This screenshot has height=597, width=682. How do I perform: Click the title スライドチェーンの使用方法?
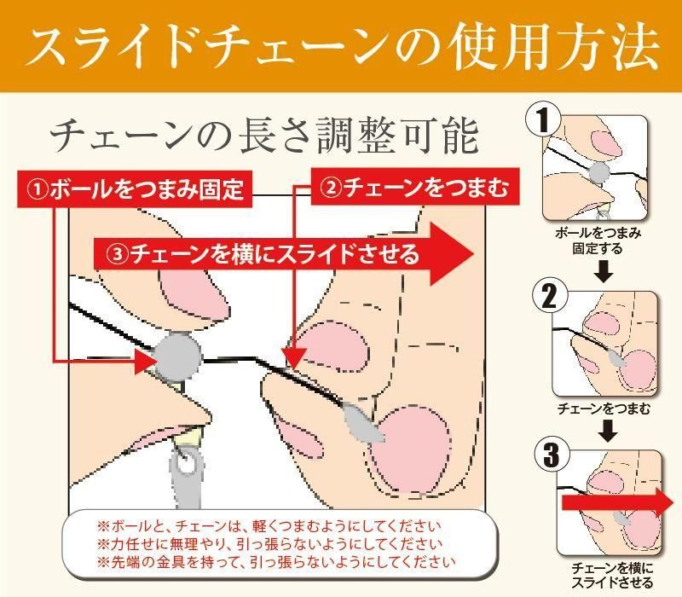pyautogui.click(x=344, y=49)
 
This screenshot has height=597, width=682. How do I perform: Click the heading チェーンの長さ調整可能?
pyautogui.click(x=264, y=136)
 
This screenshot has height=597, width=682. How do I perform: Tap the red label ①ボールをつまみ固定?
pyautogui.click(x=135, y=188)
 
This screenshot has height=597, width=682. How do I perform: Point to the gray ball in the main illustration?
pyautogui.click(x=178, y=356)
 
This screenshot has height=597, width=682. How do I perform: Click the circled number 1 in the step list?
pyautogui.click(x=543, y=120)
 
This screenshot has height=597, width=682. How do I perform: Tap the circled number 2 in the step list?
pyautogui.click(x=549, y=296)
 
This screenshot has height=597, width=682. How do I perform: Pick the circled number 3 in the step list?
pyautogui.click(x=552, y=455)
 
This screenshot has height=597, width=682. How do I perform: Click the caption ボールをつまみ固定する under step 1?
pyautogui.click(x=598, y=241)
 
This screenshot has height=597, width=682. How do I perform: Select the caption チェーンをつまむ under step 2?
pyautogui.click(x=604, y=409)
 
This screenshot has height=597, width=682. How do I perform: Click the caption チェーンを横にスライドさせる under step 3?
pyautogui.click(x=611, y=575)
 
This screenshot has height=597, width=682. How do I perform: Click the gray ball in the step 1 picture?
pyautogui.click(x=599, y=171)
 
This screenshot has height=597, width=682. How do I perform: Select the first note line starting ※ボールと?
pyautogui.click(x=269, y=526)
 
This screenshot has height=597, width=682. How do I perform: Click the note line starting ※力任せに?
pyautogui.click(x=269, y=544)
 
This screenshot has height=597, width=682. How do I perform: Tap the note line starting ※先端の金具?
pyautogui.click(x=275, y=562)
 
